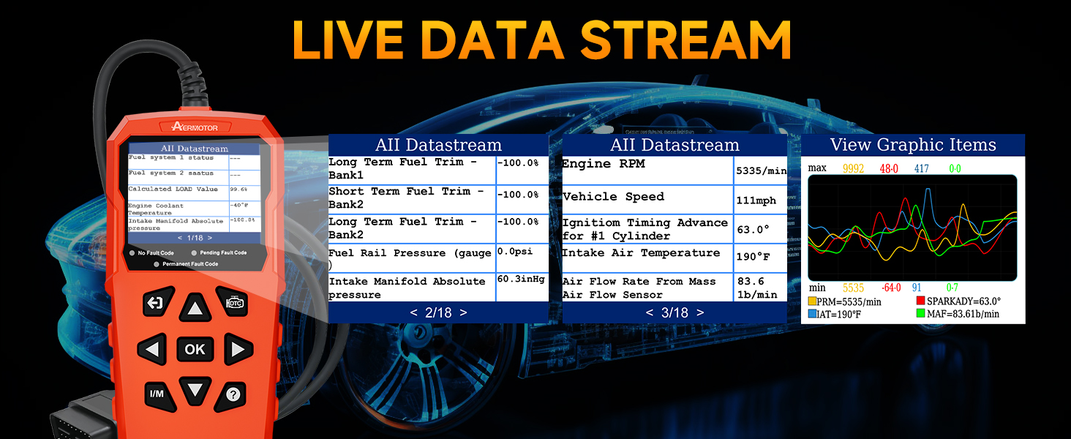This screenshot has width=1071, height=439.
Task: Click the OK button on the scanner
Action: click(x=195, y=349)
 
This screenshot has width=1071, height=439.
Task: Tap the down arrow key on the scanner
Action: click(x=195, y=389)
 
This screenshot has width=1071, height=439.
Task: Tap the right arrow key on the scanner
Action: click(x=237, y=350)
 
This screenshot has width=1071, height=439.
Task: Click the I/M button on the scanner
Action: click(x=157, y=394)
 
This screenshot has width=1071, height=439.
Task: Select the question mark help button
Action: click(x=233, y=394)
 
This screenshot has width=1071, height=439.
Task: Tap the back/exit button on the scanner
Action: click(x=157, y=303)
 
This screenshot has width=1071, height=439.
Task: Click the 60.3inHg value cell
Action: click(x=522, y=279)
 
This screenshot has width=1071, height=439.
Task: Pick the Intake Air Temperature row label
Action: click(x=641, y=253)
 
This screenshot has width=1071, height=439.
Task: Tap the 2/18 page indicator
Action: click(x=438, y=312)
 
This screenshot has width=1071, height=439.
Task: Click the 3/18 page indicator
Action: click(x=674, y=312)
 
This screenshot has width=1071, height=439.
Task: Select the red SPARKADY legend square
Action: click(x=920, y=301)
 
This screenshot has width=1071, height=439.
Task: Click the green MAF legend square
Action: click(x=920, y=314)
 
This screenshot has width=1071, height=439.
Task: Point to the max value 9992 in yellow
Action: click(x=853, y=168)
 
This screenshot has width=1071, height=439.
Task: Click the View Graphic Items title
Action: click(x=913, y=145)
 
